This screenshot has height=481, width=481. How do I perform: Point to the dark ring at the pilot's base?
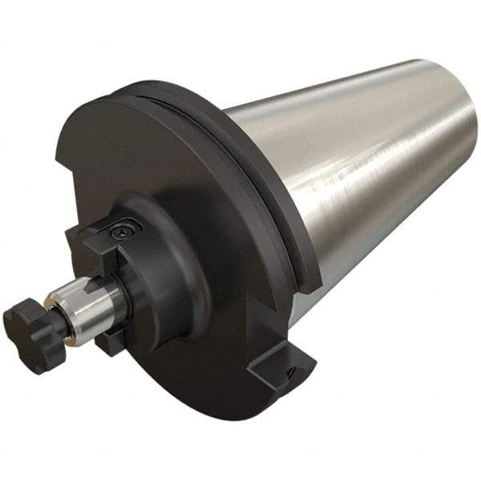click(x=120, y=297)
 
